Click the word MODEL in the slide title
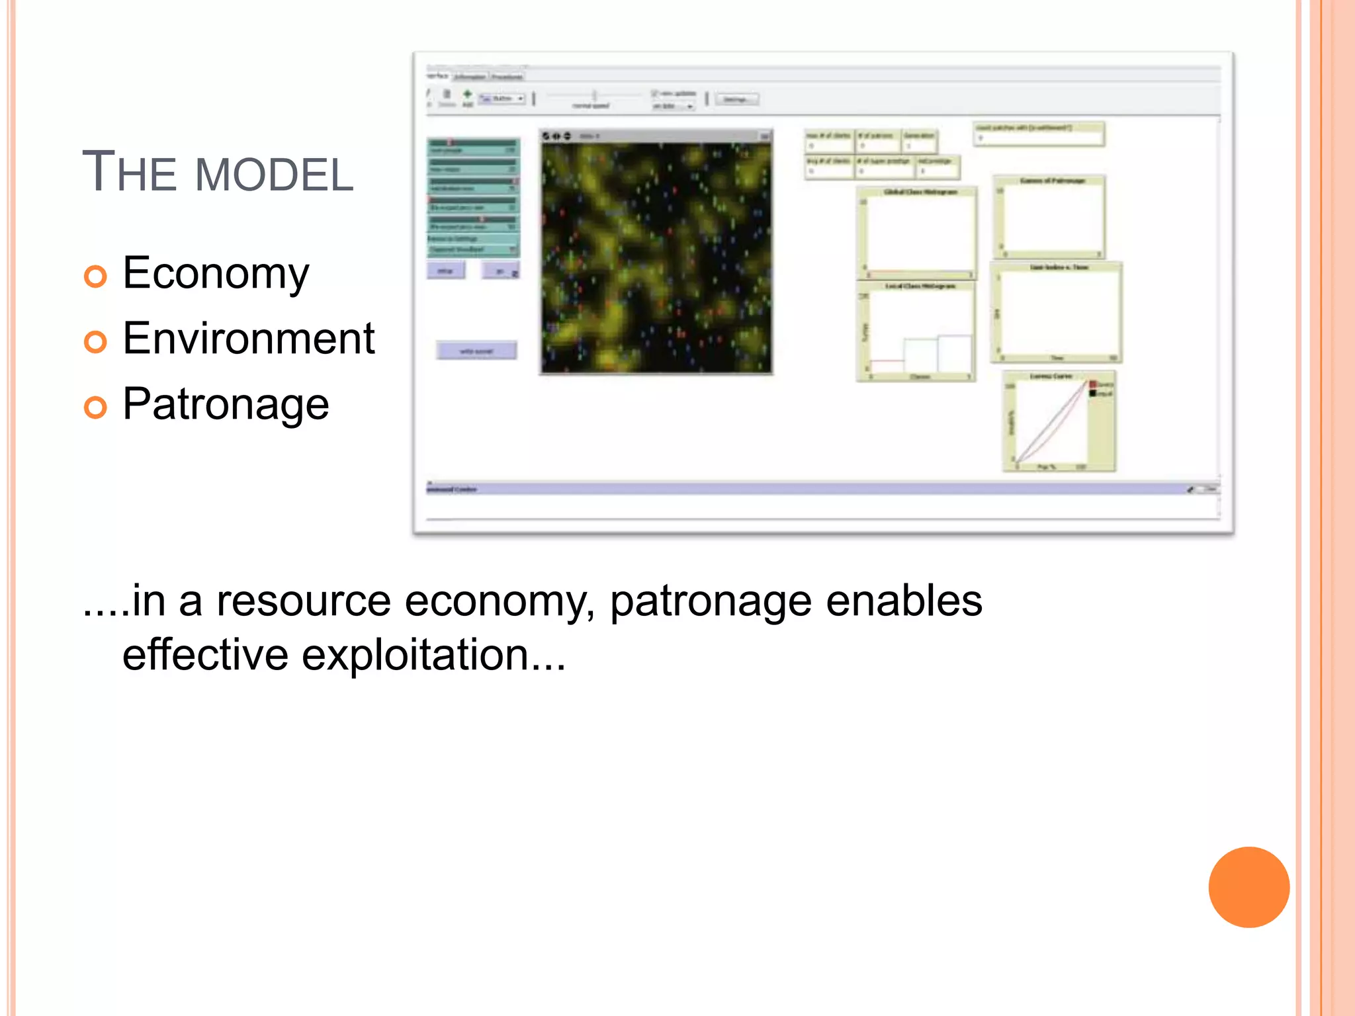274,175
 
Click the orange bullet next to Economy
95,276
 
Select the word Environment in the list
248,338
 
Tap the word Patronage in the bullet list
226,403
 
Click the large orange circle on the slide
1248,887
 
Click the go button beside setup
501,271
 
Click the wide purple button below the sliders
476,351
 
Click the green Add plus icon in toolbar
467,95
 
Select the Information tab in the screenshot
470,77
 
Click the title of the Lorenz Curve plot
1051,376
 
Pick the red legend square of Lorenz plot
1093,384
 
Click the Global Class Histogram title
920,192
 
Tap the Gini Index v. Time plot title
1059,267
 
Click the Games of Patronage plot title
1052,181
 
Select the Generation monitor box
919,141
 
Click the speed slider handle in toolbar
594,95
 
